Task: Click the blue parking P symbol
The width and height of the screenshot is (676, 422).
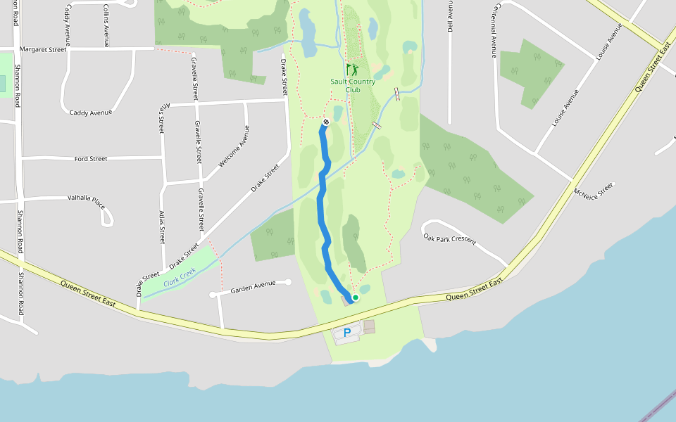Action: coord(346,333)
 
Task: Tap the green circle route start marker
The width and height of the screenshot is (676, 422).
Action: coord(356,298)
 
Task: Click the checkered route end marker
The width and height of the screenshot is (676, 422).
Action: coord(326,122)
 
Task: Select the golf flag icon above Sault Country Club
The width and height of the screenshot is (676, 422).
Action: coord(352,70)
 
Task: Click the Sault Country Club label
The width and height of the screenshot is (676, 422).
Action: coord(353,85)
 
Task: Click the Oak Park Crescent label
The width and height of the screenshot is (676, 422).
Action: coord(450,238)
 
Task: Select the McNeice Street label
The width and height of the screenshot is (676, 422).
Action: coord(594,191)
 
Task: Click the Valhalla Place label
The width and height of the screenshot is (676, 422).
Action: coord(86,203)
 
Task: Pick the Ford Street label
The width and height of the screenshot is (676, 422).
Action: coord(91,158)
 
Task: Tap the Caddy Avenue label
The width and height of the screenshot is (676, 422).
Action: coord(91,113)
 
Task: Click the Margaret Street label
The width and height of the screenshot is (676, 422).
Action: coord(43,49)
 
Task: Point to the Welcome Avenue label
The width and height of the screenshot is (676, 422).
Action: coord(234,146)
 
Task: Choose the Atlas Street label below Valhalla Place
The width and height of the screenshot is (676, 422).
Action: coord(162,226)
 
